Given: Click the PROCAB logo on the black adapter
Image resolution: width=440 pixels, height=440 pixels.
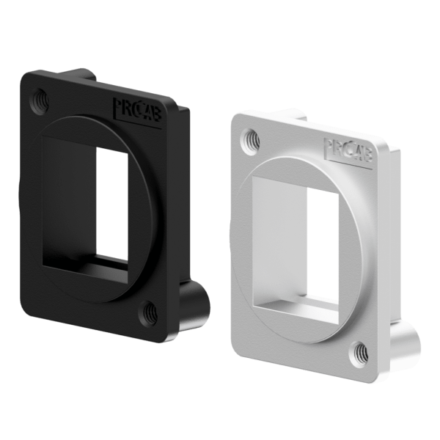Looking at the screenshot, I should coord(139,111).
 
